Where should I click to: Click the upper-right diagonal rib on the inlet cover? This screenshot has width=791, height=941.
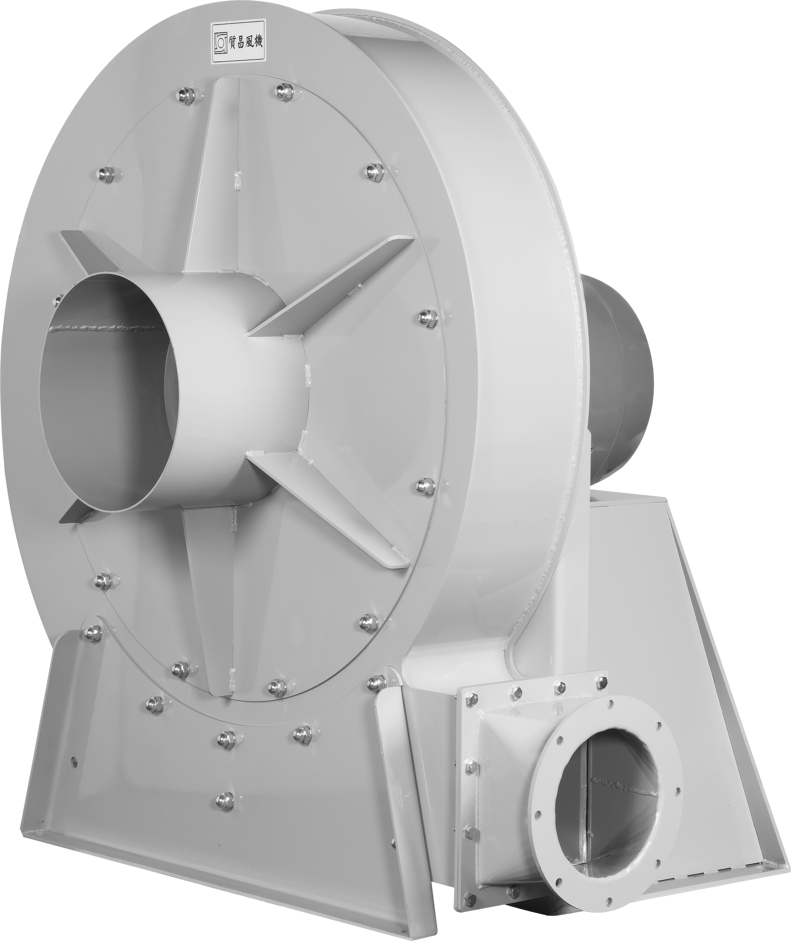tap(332, 287)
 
